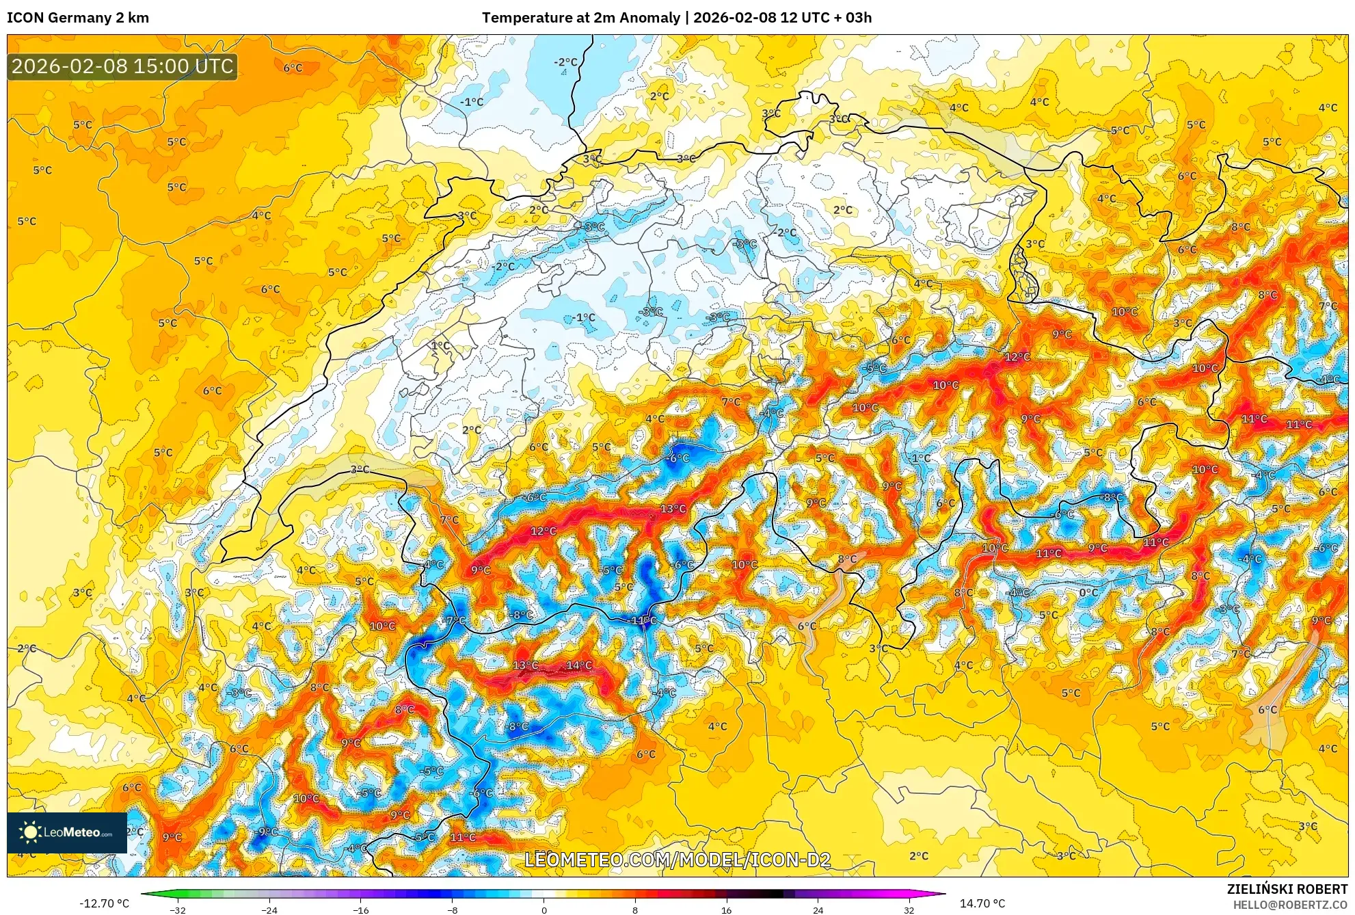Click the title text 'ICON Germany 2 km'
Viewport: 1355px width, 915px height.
[x=78, y=18]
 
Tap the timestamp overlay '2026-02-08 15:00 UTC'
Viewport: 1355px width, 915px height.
[x=122, y=66]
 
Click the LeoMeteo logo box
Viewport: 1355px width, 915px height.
[x=67, y=832]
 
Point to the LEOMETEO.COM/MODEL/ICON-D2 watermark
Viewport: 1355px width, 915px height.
[x=677, y=860]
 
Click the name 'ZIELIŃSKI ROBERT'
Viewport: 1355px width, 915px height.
[x=1287, y=889]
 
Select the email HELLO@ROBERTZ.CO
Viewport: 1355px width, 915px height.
[x=1290, y=905]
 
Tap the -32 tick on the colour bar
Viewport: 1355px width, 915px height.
[x=178, y=910]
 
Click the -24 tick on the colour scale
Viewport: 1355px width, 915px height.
[x=269, y=910]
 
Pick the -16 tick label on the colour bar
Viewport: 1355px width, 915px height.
[x=361, y=910]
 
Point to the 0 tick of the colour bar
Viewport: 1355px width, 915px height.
[x=544, y=910]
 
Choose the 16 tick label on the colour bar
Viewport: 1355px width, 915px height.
[x=726, y=910]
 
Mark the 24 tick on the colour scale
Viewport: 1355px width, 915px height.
[x=818, y=910]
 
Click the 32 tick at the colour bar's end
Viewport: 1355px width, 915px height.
[x=909, y=910]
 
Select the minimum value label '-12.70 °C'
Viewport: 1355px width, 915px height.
[x=104, y=903]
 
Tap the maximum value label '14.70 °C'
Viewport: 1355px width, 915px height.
[x=982, y=903]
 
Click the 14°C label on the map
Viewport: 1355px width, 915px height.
[x=579, y=665]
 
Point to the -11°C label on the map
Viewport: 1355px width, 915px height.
[x=642, y=620]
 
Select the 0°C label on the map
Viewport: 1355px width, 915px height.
[x=1088, y=592]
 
